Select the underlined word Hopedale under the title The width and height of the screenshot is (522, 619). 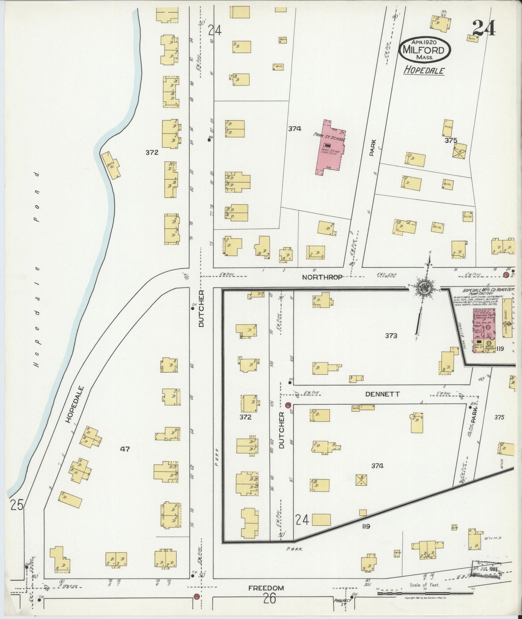[424, 70]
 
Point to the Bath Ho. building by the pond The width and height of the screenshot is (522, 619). [112, 165]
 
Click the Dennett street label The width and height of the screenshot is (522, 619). [382, 394]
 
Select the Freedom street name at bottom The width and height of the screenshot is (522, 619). [266, 588]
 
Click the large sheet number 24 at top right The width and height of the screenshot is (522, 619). [483, 28]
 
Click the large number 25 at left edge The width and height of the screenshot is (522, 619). [17, 505]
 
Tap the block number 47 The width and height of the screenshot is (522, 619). [126, 449]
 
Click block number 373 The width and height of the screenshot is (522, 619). [391, 336]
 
